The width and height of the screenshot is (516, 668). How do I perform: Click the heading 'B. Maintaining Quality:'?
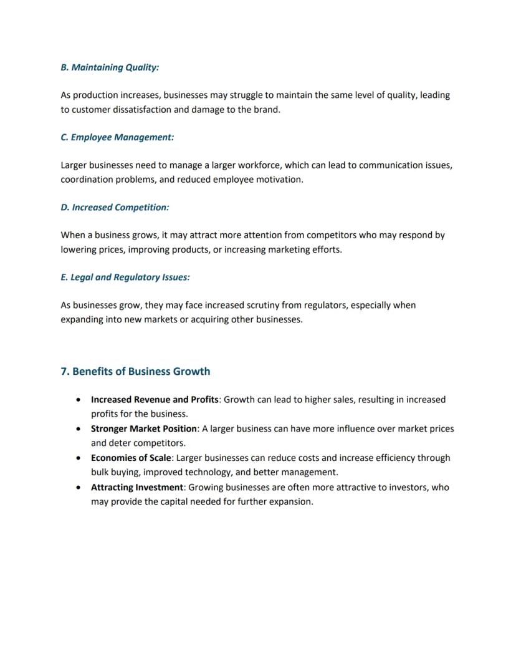pyautogui.click(x=110, y=67)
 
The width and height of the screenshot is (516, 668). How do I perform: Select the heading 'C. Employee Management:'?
pyautogui.click(x=117, y=137)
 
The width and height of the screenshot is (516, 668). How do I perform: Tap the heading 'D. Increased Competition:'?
pyautogui.click(x=115, y=207)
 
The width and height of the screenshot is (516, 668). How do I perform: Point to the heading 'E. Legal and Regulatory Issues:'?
pyautogui.click(x=125, y=278)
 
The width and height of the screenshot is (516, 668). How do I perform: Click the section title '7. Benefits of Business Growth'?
pyautogui.click(x=135, y=372)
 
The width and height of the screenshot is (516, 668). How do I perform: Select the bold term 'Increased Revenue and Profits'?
pyautogui.click(x=155, y=400)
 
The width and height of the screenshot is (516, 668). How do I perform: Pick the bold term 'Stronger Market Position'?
pyautogui.click(x=144, y=429)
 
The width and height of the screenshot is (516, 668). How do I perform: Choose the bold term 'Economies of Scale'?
pyautogui.click(x=131, y=458)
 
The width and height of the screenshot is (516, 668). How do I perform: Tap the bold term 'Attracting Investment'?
pyautogui.click(x=137, y=487)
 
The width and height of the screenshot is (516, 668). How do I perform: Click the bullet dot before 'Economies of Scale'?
pyautogui.click(x=77, y=458)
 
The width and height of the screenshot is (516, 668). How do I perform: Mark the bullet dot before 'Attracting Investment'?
pyautogui.click(x=77, y=487)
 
